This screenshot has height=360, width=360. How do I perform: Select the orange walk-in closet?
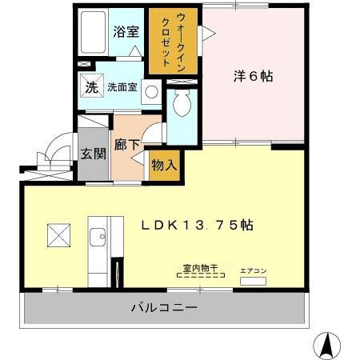click(172, 41)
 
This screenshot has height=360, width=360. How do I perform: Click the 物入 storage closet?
click(164, 166)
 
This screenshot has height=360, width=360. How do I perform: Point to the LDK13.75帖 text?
click(198, 226)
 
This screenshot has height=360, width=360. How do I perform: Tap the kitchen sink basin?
click(98, 237)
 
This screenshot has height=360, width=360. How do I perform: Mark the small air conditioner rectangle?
click(253, 282)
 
